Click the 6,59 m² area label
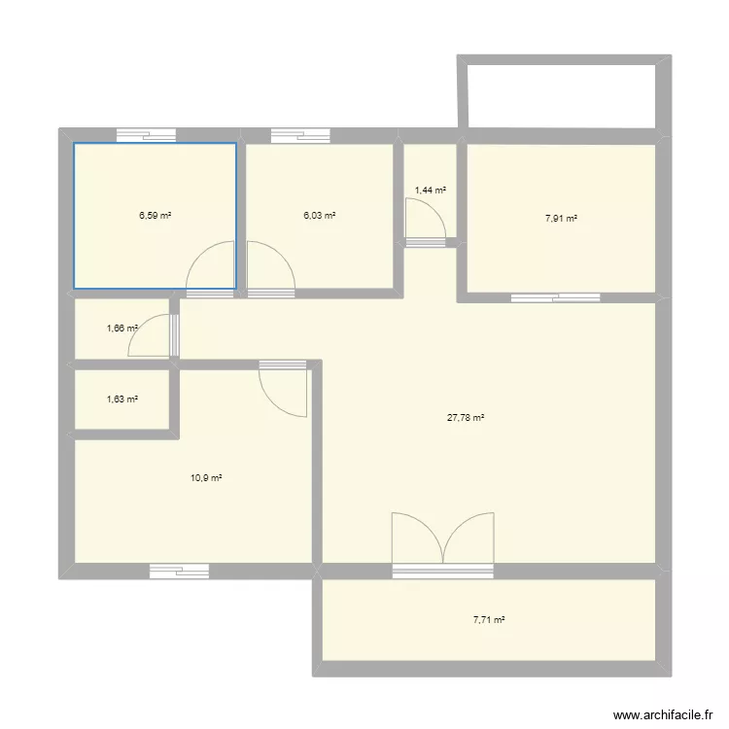point(155,215)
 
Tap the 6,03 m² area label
point(320,215)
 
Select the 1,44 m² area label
point(431,191)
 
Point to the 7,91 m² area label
point(561,219)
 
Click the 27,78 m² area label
point(466,418)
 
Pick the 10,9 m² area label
point(207,477)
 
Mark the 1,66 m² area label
point(122,329)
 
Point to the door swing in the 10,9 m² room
point(284,391)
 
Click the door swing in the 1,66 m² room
point(150,335)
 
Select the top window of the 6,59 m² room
point(146,136)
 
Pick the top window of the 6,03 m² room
point(300,136)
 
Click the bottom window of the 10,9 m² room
point(179,572)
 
